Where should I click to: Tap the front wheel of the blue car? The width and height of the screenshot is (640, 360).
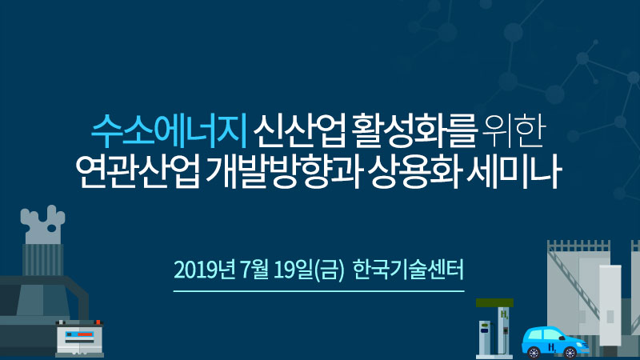[x=570, y=352]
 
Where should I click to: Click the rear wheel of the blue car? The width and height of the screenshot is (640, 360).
[x=533, y=352]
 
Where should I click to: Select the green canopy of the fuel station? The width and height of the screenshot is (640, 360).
[x=494, y=303]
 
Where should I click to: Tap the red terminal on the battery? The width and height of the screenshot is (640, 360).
[x=98, y=322]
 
